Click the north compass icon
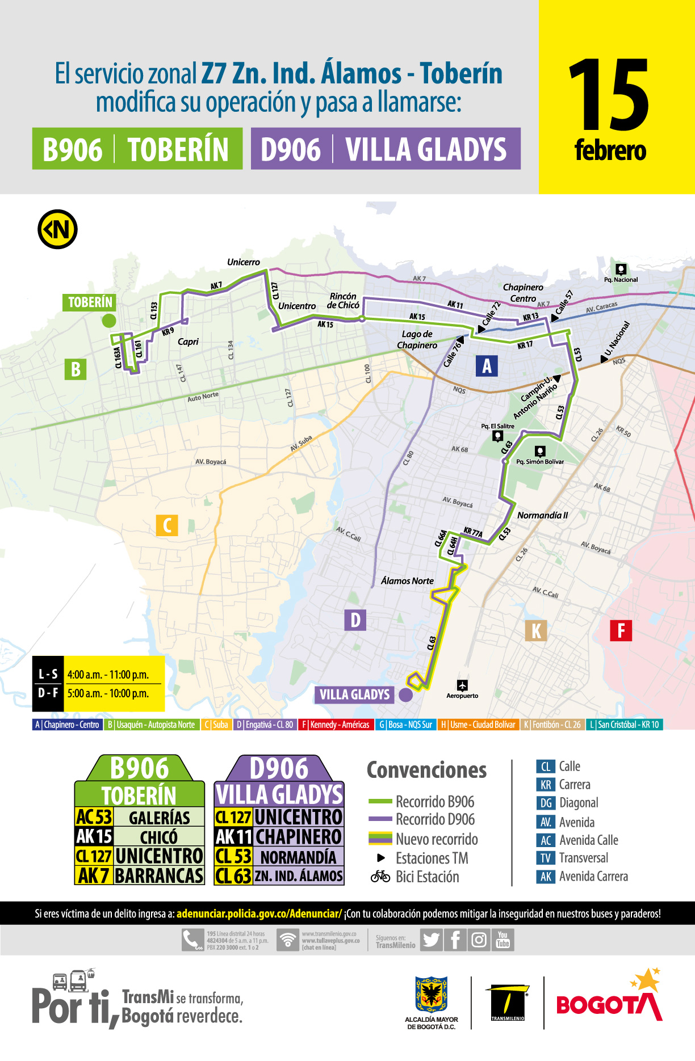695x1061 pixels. (57, 229)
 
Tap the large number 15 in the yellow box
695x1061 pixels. (609, 95)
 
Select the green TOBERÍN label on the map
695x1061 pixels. (90, 302)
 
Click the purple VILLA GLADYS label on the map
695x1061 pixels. (354, 694)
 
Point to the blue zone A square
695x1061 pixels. (487, 366)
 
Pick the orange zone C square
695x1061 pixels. (167, 525)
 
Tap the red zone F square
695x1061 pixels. (621, 630)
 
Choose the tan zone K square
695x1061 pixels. (536, 630)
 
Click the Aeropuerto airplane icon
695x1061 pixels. (462, 685)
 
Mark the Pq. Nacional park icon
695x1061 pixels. (621, 269)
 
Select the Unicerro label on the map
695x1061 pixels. (243, 262)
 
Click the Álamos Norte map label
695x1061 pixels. (407, 581)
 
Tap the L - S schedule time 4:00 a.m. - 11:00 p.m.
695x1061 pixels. (108, 675)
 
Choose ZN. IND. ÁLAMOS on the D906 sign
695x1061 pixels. (298, 876)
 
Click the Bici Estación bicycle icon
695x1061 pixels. (380, 877)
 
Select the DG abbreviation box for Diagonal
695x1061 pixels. (546, 803)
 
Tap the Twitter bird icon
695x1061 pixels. (432, 940)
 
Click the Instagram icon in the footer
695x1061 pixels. (479, 940)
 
